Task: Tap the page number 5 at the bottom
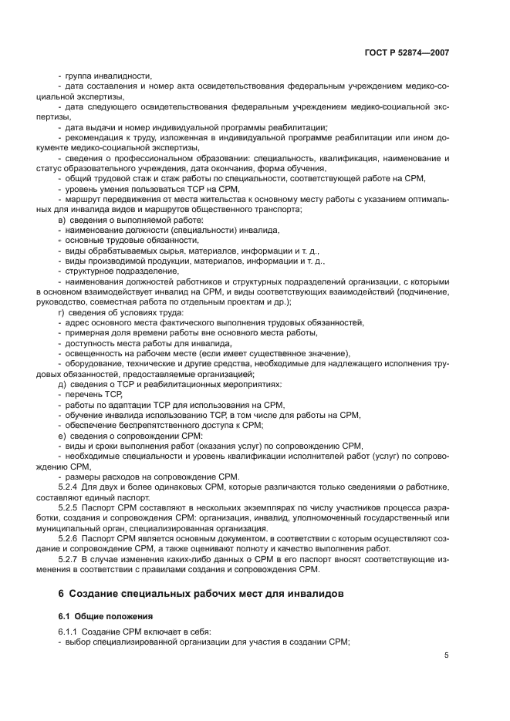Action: coord(446,655)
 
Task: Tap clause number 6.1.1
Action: coord(71,632)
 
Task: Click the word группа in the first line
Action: coord(79,76)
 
